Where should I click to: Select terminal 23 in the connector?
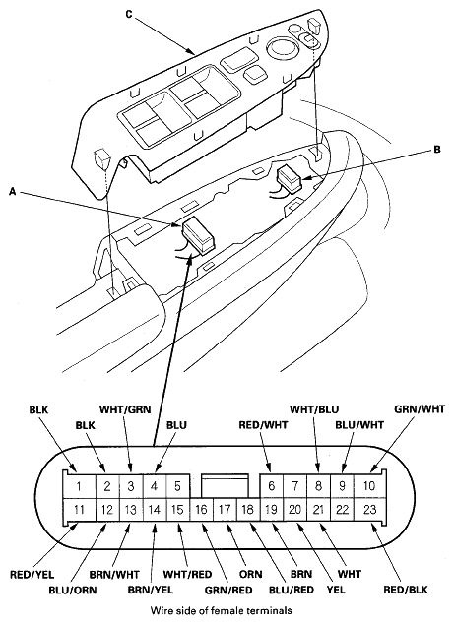coord(369,510)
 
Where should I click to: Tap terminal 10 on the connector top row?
coord(369,484)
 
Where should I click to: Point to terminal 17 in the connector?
coord(224,510)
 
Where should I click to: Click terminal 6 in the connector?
coord(271,484)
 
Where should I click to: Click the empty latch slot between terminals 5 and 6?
coord(224,484)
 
